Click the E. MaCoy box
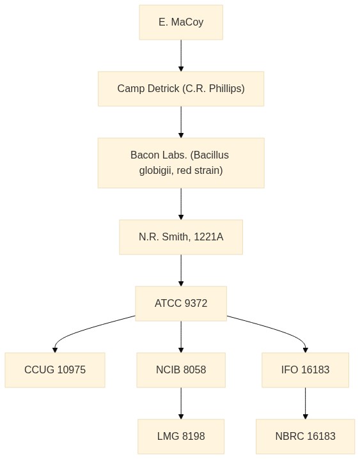click(x=181, y=22)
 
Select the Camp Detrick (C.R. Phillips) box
click(x=181, y=89)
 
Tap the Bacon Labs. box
click(x=181, y=163)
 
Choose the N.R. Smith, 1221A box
click(x=181, y=237)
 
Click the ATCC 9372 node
click(x=181, y=304)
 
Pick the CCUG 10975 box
click(x=55, y=370)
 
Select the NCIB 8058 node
click(x=181, y=370)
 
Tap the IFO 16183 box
click(x=305, y=370)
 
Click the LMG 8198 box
click(x=181, y=437)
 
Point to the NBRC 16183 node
click(x=305, y=437)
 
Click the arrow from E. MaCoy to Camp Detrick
click(x=181, y=56)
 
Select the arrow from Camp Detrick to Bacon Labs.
click(x=181, y=122)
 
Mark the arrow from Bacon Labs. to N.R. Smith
click(x=181, y=204)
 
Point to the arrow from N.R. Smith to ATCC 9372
click(x=181, y=270)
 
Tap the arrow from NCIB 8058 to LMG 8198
click(x=181, y=403)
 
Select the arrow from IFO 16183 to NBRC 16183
click(x=305, y=403)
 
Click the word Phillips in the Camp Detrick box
click(x=227, y=89)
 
